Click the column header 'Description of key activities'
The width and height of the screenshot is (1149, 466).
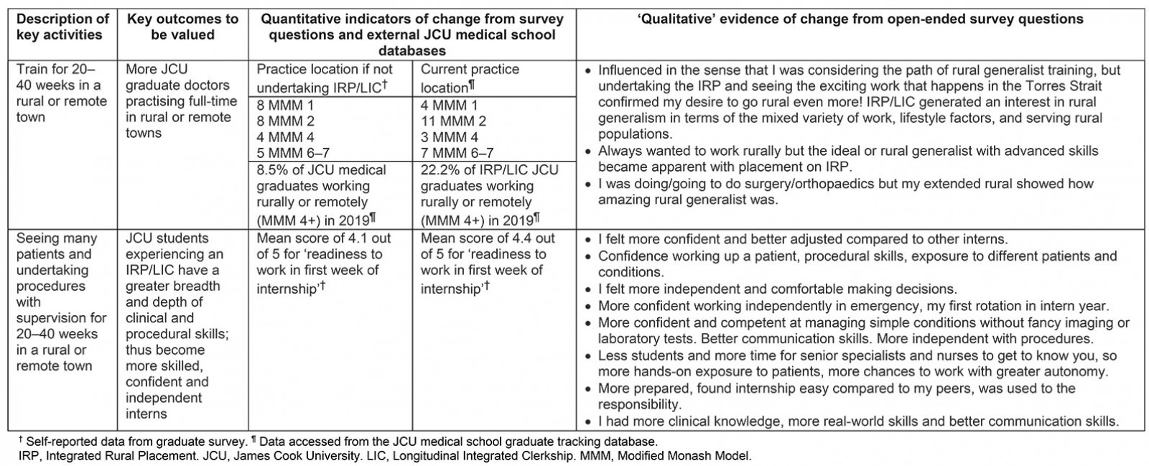(62, 27)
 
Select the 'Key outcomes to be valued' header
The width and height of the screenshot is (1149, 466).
(182, 27)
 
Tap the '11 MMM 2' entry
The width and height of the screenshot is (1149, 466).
(453, 121)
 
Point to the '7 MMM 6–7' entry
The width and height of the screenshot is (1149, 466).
(457, 153)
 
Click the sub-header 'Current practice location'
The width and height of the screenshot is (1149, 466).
(470, 78)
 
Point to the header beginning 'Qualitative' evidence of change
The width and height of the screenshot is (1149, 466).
(860, 19)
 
